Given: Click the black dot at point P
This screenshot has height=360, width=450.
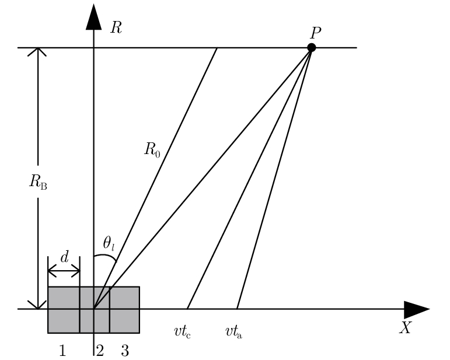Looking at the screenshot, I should pos(312,47).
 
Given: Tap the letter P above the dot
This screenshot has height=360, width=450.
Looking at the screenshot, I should pos(316,33).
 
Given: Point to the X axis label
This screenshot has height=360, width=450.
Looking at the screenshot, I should pos(405,328).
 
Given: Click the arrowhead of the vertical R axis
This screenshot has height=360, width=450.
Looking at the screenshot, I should pos(93,18).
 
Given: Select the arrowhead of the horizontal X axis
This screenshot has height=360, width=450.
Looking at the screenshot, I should pos(417,309).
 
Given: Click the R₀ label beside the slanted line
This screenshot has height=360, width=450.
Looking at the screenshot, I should pos(152,149).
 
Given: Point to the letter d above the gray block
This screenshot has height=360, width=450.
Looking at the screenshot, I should pos(64,257).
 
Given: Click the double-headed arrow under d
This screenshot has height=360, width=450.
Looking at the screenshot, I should pos(64,271).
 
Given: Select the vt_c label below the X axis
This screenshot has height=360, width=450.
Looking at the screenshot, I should pos(183,332).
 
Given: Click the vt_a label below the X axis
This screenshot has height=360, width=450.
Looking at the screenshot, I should pos(234,332).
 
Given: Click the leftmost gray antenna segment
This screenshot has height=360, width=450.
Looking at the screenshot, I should pos(64,310).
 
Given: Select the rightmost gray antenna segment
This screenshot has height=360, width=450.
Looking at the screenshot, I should pos(124,310).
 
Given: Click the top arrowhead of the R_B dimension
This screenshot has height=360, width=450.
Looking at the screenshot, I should pos(38,53).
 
